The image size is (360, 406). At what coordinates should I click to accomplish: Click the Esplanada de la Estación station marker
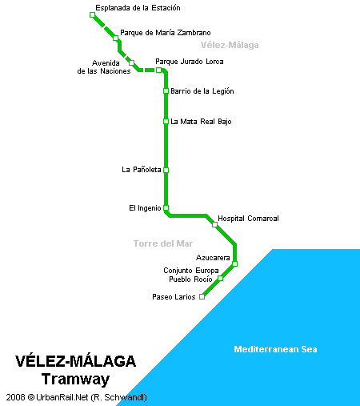pos(92,14)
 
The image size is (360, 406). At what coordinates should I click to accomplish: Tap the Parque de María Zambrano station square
pos(115,38)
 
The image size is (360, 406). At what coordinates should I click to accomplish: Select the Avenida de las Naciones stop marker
pos(131,62)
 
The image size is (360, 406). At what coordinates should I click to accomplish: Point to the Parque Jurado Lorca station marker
pos(158,70)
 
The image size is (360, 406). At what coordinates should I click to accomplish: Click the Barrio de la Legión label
pos(202,91)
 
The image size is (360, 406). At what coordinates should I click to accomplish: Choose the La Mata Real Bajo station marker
pos(166,122)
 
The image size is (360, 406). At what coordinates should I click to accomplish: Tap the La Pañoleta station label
pos(142,170)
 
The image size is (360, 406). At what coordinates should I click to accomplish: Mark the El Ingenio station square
pos(166,207)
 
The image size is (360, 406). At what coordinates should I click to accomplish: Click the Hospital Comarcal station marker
pos(214,225)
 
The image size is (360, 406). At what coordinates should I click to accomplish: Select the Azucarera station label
pos(213,258)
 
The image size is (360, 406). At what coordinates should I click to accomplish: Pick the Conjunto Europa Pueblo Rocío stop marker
pos(221,278)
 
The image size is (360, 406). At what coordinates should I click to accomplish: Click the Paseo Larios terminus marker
pos(202,296)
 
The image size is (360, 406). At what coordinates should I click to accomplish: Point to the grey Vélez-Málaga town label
pos(230,45)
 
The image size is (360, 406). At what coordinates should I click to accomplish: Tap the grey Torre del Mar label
pos(163,243)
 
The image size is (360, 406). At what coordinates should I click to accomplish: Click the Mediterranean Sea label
pos(275,349)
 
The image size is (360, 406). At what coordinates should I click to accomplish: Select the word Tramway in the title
pos(75,380)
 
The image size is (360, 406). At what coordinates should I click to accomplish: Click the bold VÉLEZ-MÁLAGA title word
pos(75,360)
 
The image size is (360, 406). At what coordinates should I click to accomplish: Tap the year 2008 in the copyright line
pos(15,397)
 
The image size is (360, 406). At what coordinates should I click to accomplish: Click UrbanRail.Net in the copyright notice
pos(62,397)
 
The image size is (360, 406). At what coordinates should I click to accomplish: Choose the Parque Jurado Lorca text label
pos(190,62)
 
